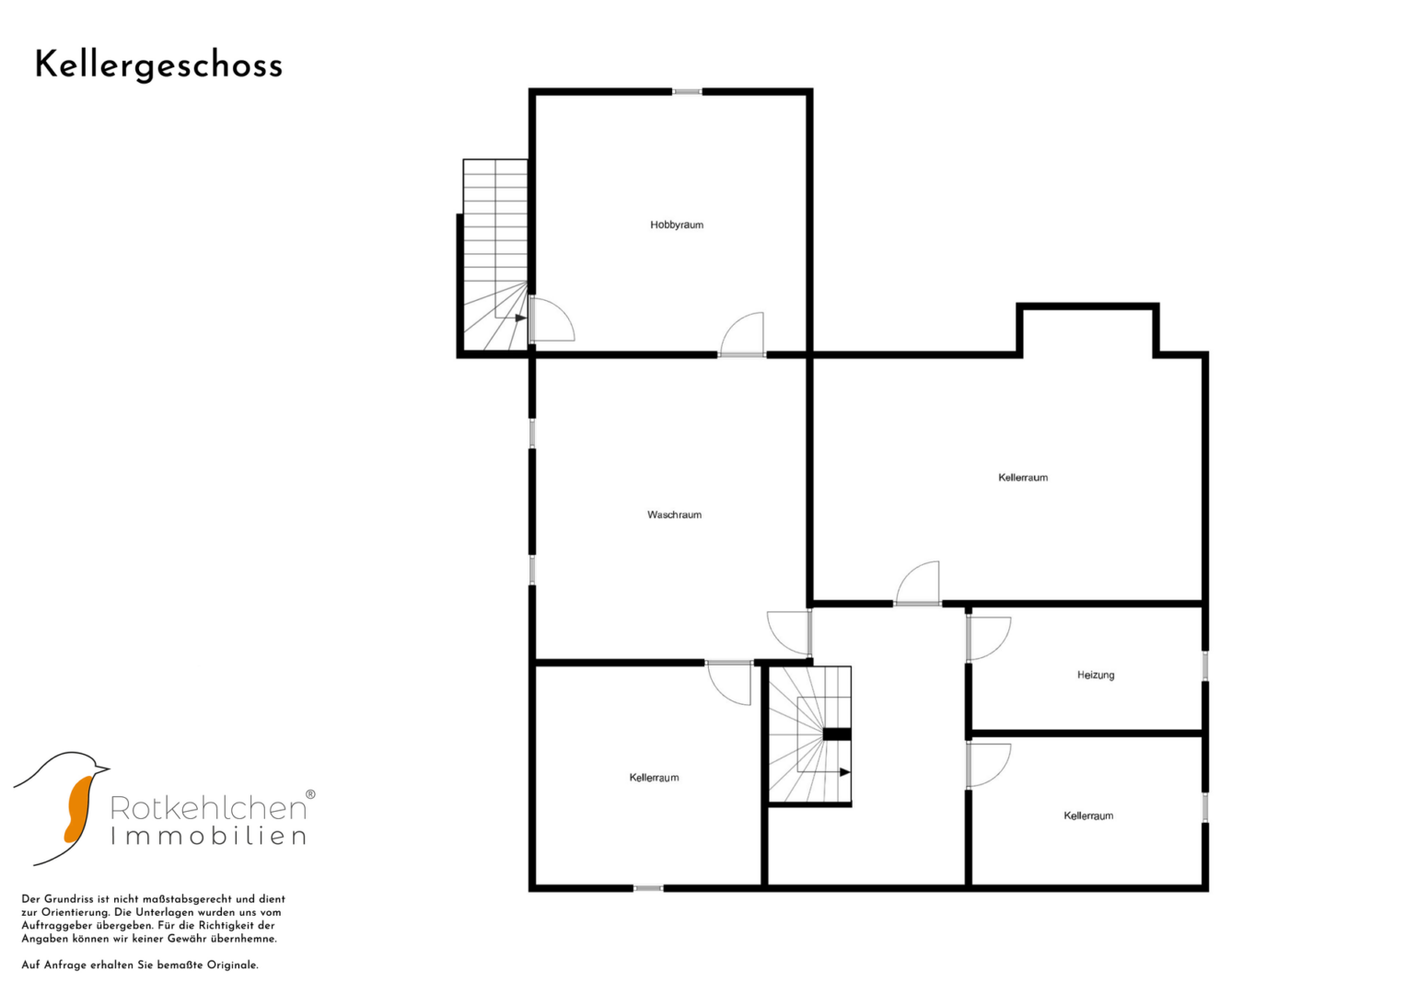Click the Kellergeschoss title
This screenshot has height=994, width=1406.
tap(158, 66)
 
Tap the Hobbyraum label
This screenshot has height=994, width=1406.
tap(677, 225)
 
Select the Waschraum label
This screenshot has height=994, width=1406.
tap(674, 514)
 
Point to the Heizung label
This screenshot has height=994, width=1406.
tap(1096, 676)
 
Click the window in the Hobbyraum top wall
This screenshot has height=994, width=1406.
tap(687, 92)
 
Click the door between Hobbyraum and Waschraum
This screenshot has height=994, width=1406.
tap(742, 335)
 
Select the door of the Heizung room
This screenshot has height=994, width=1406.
tap(988, 638)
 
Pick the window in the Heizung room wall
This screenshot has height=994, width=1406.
tap(1204, 665)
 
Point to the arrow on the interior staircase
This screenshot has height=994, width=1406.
tap(845, 772)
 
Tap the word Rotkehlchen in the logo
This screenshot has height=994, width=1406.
tap(208, 808)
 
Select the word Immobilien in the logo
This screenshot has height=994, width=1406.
tap(208, 836)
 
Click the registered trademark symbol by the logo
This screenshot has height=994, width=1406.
tap(310, 794)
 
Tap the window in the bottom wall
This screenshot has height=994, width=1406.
tap(648, 888)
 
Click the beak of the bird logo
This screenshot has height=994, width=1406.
tap(101, 768)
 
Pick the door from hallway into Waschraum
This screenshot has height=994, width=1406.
tap(790, 633)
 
